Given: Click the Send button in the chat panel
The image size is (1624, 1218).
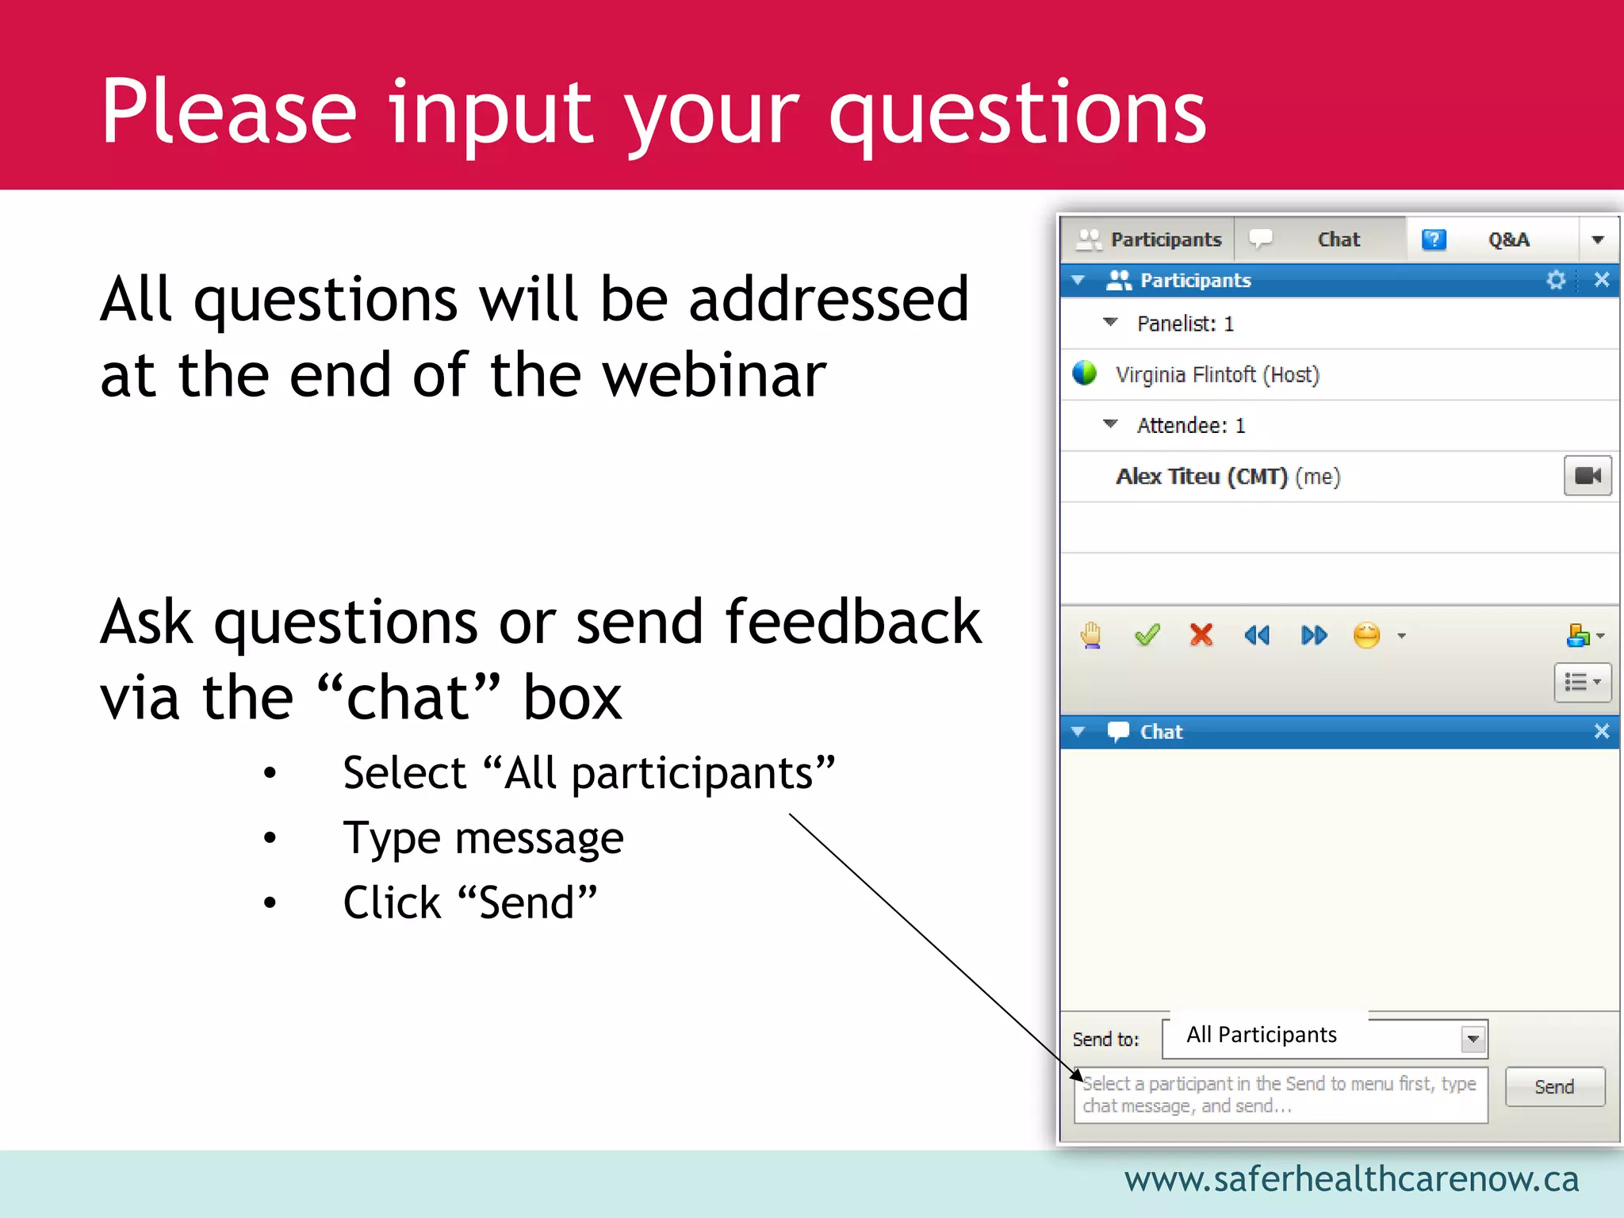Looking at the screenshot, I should point(1554,1086).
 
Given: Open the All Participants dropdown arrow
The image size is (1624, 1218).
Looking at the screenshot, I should point(1473,1039).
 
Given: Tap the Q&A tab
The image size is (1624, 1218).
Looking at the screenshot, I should point(1507,239).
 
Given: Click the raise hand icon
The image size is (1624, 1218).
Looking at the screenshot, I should point(1091,635).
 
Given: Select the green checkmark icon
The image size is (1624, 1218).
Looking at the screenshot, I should point(1147,635).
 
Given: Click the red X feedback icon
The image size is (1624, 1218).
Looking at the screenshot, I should point(1201,635).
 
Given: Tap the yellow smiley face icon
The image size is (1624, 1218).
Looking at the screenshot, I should point(1366,635).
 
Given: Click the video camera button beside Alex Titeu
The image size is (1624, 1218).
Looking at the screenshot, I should point(1587,476).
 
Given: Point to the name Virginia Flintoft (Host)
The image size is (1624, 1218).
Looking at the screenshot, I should point(1216,374).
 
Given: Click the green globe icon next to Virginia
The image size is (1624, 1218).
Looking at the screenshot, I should point(1084,373).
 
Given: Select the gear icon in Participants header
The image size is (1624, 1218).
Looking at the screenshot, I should point(1556,280).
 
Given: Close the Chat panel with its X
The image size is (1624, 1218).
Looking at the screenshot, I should point(1601,731).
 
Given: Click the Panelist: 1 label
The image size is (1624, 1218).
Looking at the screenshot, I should point(1185,324).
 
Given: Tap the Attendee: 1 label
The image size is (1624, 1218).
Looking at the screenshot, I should point(1190,426).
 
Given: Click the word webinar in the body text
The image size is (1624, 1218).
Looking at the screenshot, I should point(714,376).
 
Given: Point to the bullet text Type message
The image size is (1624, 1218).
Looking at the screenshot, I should point(483,839).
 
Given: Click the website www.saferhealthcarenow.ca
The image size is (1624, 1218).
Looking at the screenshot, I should point(1350,1179).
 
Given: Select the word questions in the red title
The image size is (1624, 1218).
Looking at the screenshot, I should point(1017,113).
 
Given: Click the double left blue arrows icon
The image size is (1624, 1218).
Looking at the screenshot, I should point(1257,635).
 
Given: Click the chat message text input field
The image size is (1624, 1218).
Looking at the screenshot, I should point(1279,1095).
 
